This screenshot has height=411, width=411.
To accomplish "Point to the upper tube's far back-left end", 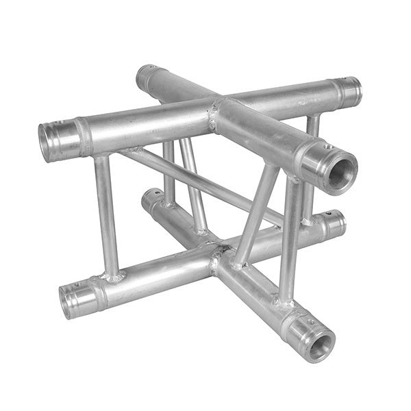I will coord(143,77).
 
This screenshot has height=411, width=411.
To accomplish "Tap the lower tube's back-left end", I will coord(149,199).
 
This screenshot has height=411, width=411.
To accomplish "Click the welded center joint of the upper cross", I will coord(217,113).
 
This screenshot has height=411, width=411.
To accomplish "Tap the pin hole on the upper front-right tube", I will coord(329,147).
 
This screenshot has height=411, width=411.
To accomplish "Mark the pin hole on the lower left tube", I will coord(76,284).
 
